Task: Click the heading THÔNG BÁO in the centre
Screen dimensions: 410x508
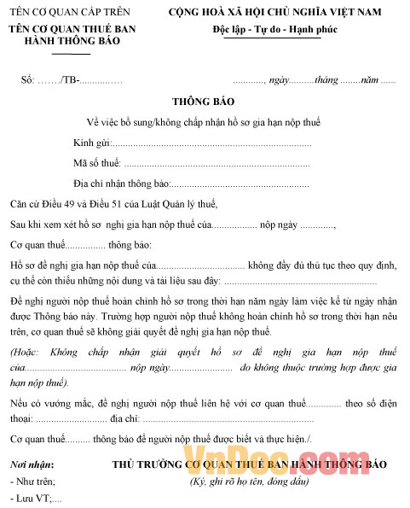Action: click(205, 102)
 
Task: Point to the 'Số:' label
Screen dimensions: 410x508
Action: click(28, 80)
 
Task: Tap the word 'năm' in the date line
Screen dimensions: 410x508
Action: click(370, 80)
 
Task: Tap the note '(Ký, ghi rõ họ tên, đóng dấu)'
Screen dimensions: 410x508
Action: click(249, 482)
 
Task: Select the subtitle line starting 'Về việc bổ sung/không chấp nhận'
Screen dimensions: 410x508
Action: click(204, 121)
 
